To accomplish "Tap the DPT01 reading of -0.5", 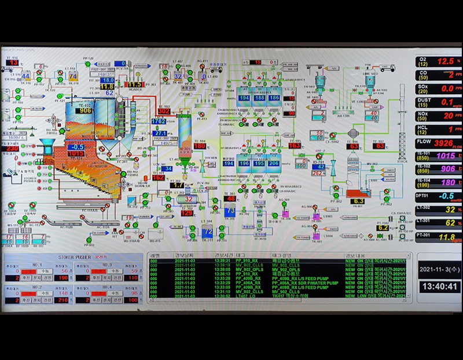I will tap(445, 196).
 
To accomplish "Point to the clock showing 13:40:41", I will tap(440, 286).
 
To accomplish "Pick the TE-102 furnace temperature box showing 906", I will tap(85, 111).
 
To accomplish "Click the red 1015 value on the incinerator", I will tap(75, 154).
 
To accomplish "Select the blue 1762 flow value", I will tap(159, 122).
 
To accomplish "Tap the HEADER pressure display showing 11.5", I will tap(134, 85).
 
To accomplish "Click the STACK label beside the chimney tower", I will tap(402, 162).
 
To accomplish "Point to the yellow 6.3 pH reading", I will tap(358, 201).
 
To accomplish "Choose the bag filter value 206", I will tap(273, 164).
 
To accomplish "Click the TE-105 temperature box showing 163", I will tap(295, 146).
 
